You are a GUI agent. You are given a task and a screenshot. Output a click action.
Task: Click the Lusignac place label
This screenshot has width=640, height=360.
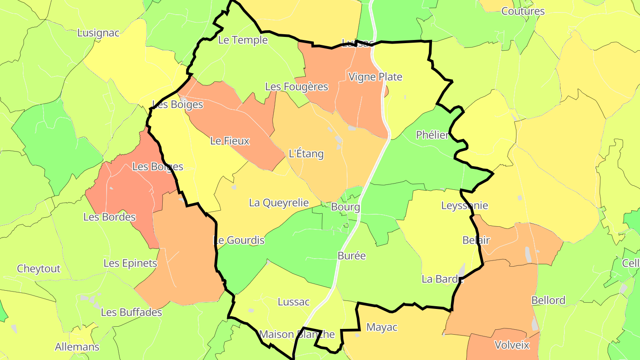(98, 33)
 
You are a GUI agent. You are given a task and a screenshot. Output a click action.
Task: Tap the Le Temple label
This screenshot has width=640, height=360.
(243, 40)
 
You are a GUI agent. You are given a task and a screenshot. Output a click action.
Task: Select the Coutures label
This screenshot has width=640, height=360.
(523, 11)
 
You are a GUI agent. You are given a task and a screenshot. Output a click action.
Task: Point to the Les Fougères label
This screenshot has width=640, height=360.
(296, 87)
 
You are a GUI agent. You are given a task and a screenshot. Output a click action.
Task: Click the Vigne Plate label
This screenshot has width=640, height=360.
(375, 77)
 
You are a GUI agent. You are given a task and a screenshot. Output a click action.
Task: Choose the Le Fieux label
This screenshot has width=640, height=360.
(230, 141)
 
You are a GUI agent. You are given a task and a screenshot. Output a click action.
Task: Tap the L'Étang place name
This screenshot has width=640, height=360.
(306, 154)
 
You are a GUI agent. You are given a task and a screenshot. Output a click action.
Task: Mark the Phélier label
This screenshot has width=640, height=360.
(432, 135)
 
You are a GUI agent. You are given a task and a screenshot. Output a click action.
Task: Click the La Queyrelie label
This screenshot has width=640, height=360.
(279, 203)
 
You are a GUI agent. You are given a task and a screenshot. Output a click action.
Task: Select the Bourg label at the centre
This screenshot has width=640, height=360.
(345, 207)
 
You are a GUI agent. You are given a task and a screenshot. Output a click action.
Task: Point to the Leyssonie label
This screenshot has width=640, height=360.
(464, 205)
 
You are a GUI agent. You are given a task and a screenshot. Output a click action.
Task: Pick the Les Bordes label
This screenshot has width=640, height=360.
(109, 217)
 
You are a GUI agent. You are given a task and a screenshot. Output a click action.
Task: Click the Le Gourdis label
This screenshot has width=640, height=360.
(239, 240)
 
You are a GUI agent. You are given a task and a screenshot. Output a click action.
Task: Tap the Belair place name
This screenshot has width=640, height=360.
(476, 240)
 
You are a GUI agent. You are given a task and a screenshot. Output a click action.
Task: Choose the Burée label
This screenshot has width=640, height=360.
(352, 256)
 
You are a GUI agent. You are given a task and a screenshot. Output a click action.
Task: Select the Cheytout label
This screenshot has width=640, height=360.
(39, 269)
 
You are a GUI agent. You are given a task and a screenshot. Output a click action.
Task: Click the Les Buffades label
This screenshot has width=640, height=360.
(131, 312)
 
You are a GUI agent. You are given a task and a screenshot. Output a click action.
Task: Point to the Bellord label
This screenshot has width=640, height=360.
(548, 300)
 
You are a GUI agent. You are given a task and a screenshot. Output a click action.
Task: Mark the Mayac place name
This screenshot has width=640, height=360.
(382, 328)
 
